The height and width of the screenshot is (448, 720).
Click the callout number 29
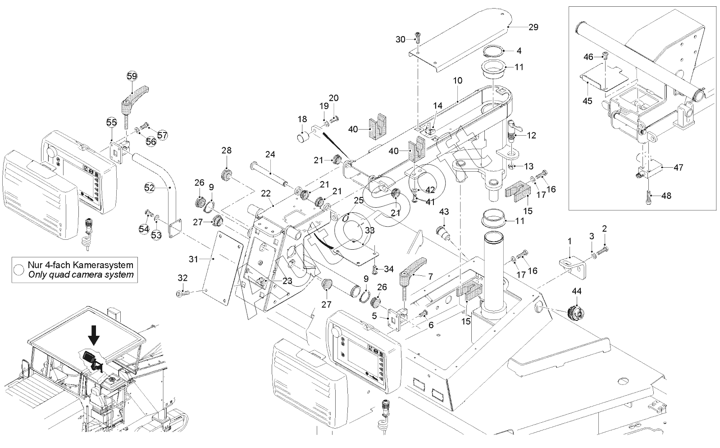[533, 27]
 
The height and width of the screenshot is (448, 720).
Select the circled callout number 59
[132, 76]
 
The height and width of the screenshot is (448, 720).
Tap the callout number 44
[576, 292]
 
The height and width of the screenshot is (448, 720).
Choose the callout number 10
[457, 81]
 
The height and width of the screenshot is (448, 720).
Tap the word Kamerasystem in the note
[104, 265]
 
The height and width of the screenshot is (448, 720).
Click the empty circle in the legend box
[19, 270]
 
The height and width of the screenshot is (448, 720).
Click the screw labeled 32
[184, 294]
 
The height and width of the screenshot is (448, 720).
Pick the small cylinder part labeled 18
[303, 136]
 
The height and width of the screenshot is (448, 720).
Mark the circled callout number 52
[150, 187]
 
